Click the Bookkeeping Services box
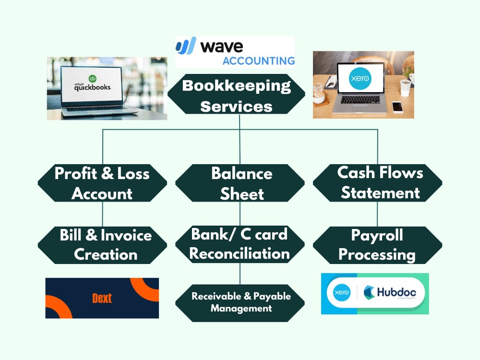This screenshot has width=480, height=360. [236, 94]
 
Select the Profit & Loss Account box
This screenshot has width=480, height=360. [102, 183]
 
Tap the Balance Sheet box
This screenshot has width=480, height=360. [240, 183]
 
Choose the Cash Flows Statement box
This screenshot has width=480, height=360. [377, 183]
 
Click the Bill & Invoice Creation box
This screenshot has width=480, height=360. [102, 245]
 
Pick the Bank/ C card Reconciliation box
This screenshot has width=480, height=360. [240, 245]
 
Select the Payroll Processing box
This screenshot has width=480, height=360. [377, 245]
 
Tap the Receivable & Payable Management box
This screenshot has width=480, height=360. [240, 303]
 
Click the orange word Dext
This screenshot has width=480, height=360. [102, 298]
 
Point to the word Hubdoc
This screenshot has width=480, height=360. [396, 292]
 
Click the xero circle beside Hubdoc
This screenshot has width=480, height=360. [342, 292]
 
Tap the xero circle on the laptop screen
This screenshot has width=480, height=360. [360, 78]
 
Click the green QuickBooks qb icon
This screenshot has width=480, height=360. [93, 78]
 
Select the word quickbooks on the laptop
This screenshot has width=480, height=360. [93, 87]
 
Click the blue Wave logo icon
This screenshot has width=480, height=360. [186, 46]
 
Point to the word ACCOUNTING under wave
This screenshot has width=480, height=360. [259, 61]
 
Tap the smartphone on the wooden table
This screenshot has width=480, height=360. [397, 107]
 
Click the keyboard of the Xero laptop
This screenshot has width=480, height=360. [360, 99]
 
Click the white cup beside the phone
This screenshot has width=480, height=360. [405, 88]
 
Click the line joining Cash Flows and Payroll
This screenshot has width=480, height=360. [377, 214]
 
